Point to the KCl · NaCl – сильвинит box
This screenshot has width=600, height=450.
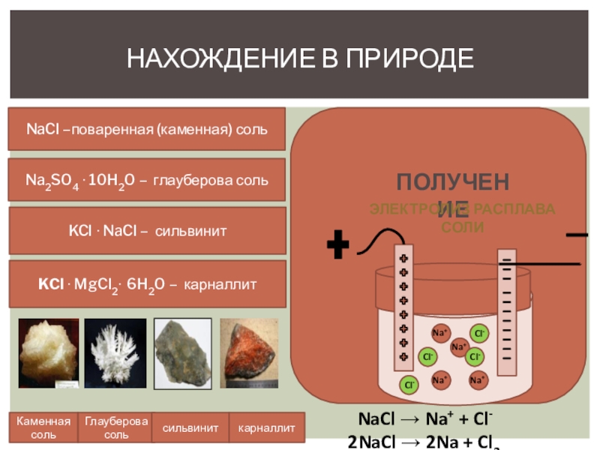tap(147, 230)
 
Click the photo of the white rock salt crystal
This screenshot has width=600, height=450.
tap(48, 353)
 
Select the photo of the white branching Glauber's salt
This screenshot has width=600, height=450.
tap(115, 353)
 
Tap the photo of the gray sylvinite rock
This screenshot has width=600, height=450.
tap(183, 353)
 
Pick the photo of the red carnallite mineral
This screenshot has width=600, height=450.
tap(249, 353)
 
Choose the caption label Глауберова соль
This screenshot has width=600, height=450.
tap(115, 427)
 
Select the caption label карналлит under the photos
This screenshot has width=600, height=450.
tap(266, 427)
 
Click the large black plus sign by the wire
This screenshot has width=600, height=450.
tap(339, 244)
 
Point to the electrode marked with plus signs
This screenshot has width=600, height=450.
tap(403, 307)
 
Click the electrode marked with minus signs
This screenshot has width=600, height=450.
tap(508, 311)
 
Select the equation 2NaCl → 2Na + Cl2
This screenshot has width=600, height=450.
tap(424, 441)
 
